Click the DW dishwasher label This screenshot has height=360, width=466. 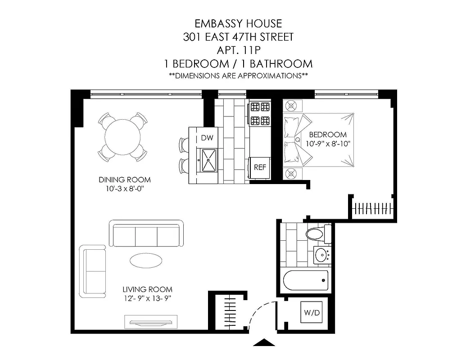(x=207, y=138)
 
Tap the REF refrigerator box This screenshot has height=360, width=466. (x=260, y=167)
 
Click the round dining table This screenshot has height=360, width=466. (x=123, y=137)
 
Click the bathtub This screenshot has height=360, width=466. (x=305, y=281)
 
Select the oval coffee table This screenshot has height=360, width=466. (x=147, y=260)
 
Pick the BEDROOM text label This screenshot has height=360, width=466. (x=328, y=135)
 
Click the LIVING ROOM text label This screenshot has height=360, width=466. (x=147, y=289)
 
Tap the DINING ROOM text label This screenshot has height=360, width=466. (x=125, y=180)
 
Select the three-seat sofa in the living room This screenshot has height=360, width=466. (x=146, y=234)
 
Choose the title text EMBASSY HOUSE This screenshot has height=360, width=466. (x=238, y=23)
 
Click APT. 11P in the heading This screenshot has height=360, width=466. (x=238, y=50)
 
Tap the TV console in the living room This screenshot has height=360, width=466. (x=151, y=322)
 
